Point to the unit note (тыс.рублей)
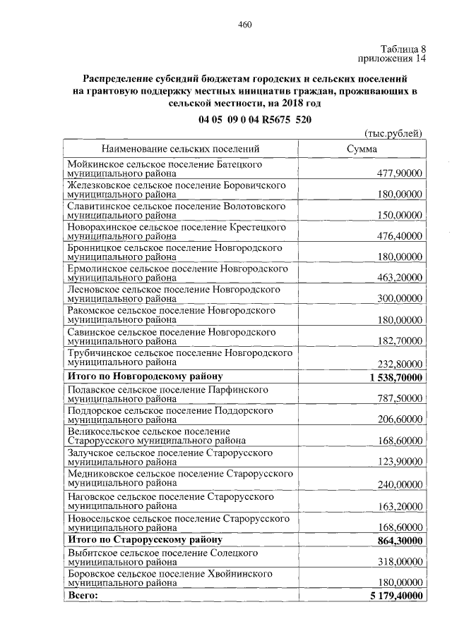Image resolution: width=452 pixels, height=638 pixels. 393,134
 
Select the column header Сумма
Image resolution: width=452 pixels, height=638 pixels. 362,149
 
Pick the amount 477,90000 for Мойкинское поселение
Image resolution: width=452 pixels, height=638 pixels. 398,173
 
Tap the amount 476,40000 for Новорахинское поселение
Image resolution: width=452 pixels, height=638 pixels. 398,235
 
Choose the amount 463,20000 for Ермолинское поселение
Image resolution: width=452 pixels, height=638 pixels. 398,277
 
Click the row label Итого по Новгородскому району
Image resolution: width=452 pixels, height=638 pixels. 145,376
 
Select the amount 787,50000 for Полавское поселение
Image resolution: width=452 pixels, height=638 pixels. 398,398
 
